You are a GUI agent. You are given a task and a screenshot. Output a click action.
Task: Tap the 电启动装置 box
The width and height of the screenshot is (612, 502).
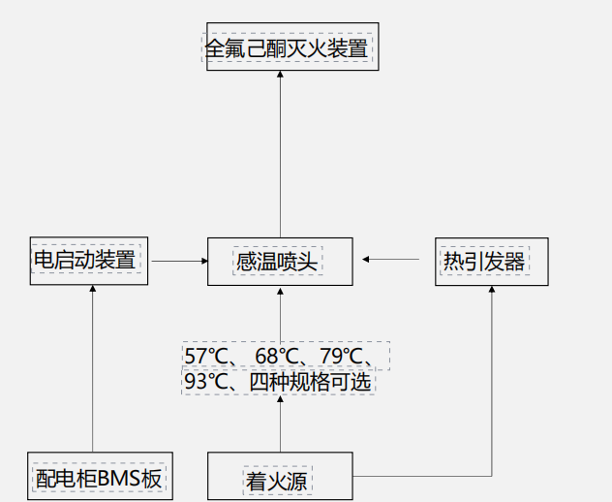87,261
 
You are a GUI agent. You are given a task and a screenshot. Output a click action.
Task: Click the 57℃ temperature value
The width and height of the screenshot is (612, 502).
205,356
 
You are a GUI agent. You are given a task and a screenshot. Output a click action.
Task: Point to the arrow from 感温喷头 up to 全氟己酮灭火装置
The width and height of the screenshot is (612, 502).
280,155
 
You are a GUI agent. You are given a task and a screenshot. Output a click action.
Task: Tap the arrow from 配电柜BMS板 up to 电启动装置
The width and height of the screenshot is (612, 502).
93,368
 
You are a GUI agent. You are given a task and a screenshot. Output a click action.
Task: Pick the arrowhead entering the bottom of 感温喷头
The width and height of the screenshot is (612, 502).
279,290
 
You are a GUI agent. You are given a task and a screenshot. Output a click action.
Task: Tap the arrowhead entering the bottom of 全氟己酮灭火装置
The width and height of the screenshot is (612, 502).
280,76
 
